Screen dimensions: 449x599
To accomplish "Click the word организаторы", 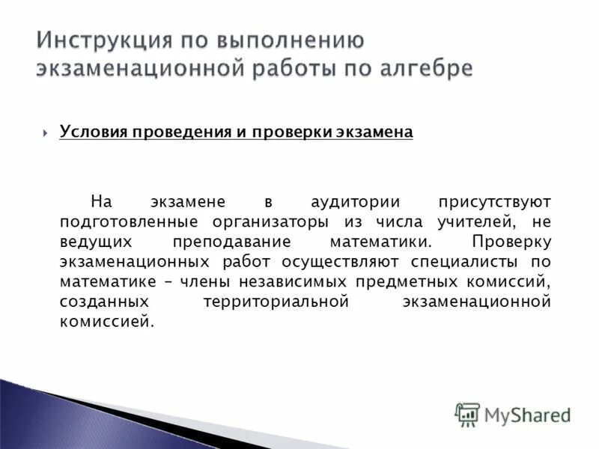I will (274, 222).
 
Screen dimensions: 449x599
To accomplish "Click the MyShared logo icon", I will (467, 414).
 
